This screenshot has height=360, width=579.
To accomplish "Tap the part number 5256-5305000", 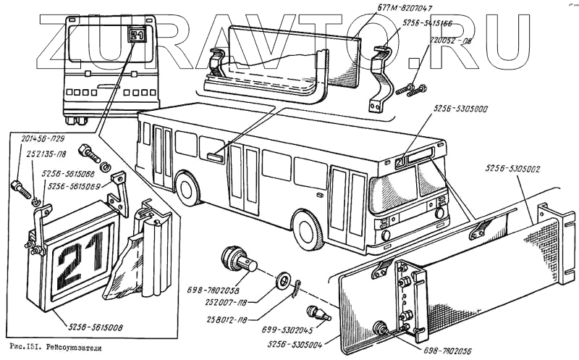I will pyautogui.click(x=460, y=109).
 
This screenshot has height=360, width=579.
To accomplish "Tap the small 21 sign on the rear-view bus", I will pyautogui.click(x=138, y=33).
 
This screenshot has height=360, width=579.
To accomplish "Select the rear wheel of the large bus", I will pyautogui.click(x=188, y=188).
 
